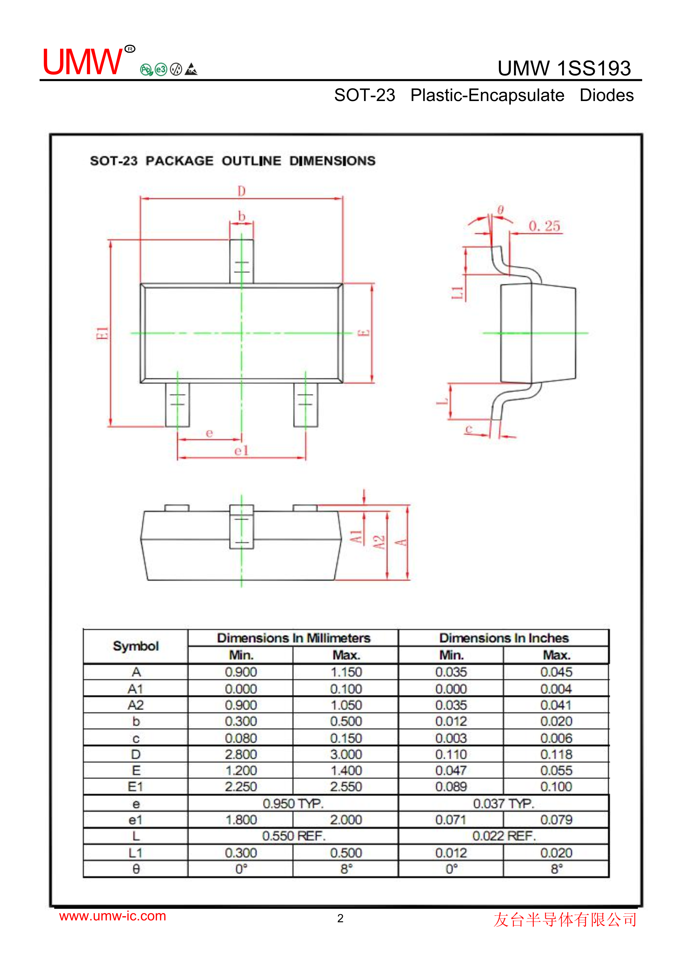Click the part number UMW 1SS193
click(564, 68)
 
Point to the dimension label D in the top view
click(241, 191)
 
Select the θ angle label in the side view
click(500, 210)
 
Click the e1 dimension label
click(241, 451)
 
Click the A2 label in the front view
click(380, 542)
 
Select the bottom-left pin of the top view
click(177, 405)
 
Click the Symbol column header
click(136, 646)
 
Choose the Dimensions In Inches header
click(504, 638)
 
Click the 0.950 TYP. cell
click(293, 803)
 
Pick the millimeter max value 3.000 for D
click(346, 754)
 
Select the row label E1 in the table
click(136, 787)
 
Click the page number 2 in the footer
click(340, 918)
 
